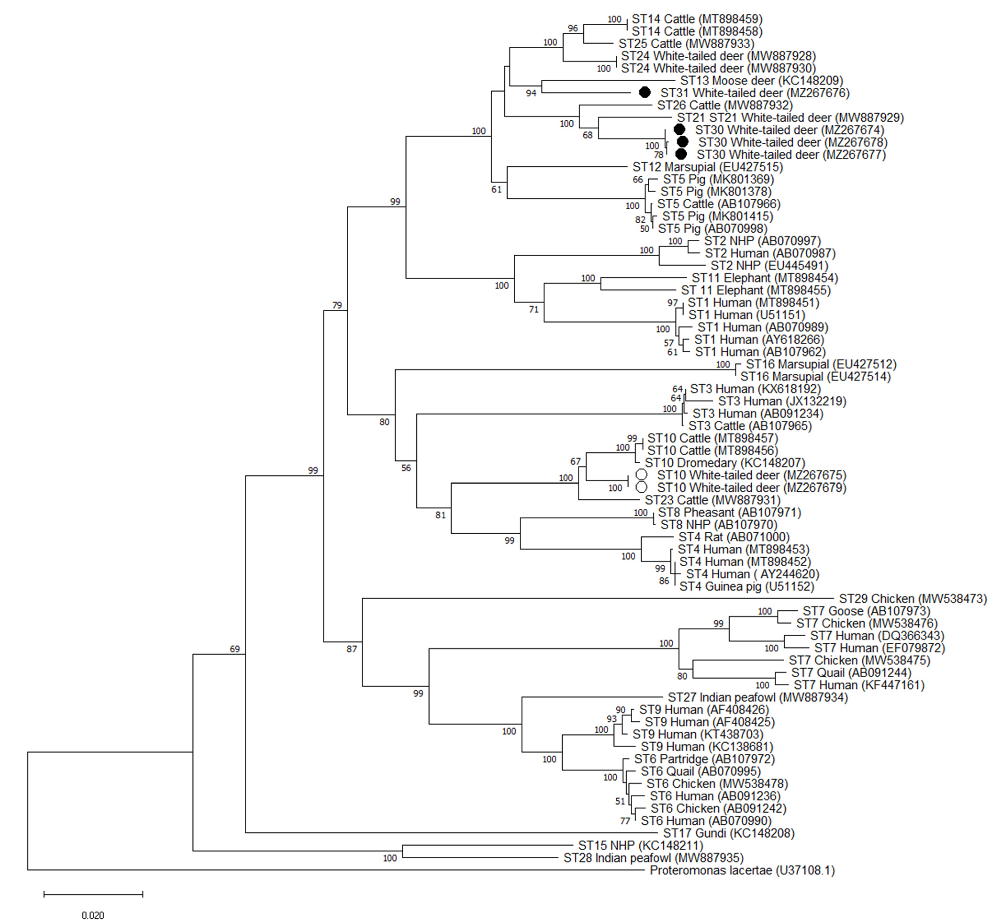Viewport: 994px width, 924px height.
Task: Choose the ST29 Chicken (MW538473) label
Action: tap(912, 599)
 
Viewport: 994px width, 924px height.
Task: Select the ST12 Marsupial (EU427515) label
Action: tap(707, 167)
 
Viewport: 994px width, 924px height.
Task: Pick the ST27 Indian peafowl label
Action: tap(757, 697)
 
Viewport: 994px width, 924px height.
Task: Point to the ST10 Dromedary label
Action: tap(724, 463)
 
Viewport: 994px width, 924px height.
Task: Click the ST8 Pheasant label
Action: tap(729, 512)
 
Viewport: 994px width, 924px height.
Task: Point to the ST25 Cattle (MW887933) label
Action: tap(686, 44)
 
